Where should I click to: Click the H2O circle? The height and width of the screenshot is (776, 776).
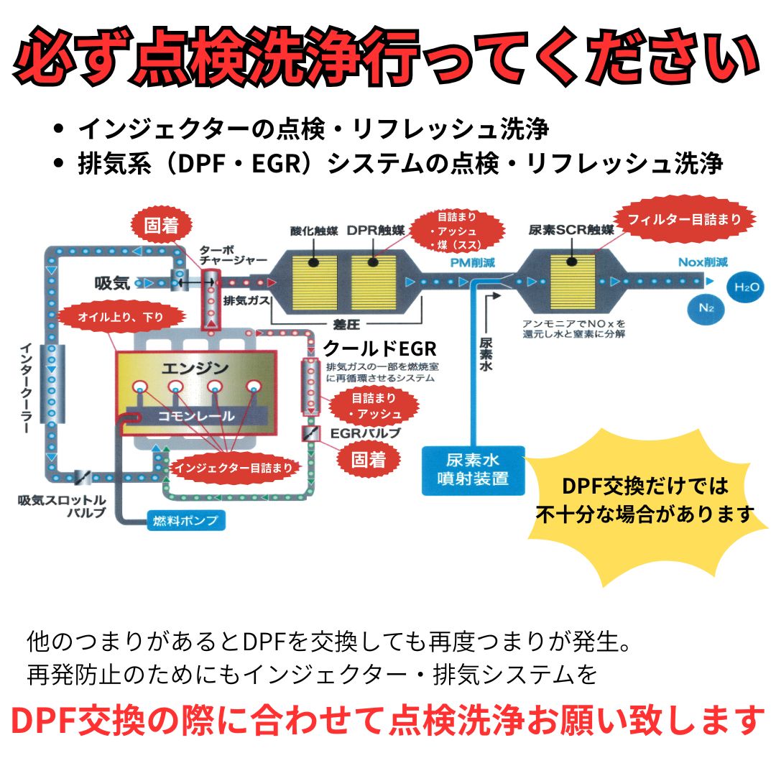point(745,287)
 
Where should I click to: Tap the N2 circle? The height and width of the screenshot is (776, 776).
point(706,308)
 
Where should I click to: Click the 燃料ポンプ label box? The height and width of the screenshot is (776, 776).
point(185,519)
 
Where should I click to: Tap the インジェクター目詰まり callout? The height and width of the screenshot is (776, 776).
point(234,468)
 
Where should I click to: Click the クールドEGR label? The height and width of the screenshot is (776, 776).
point(379,349)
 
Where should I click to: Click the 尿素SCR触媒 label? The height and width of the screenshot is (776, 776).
point(571,231)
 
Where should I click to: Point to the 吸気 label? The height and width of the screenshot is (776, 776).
point(112,283)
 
